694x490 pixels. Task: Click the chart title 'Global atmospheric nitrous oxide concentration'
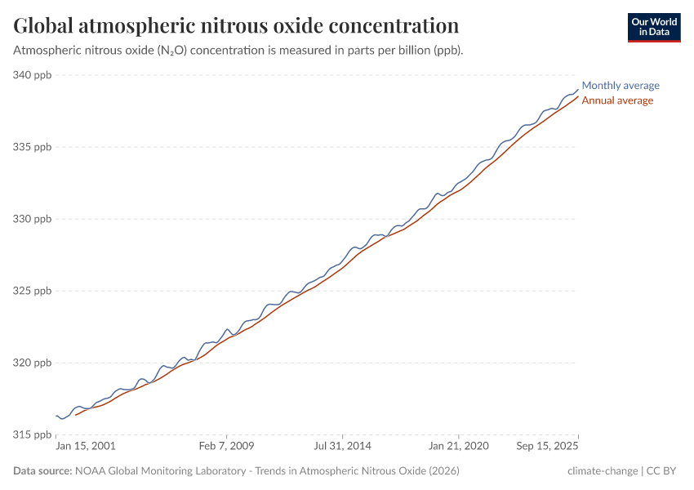click(236, 25)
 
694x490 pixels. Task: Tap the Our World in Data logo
click(653, 27)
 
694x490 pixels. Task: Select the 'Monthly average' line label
click(621, 86)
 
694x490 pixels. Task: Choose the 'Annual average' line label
click(617, 100)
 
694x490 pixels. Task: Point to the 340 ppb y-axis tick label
click(32, 75)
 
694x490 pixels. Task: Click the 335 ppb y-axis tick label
click(32, 147)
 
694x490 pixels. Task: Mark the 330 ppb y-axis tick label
click(32, 219)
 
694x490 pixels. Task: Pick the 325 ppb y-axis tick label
click(32, 291)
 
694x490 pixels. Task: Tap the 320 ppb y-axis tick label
click(32, 363)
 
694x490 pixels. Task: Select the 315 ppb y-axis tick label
click(32, 434)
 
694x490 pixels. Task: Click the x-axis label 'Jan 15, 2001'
click(86, 447)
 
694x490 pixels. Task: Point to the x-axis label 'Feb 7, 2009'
click(226, 447)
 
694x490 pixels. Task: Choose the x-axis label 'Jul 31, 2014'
click(343, 447)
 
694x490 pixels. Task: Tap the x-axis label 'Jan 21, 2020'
click(459, 447)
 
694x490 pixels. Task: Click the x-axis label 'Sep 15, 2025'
click(547, 447)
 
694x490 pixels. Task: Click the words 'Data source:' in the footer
click(42, 471)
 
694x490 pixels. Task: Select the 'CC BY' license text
click(664, 471)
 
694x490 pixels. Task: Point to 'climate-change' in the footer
click(603, 471)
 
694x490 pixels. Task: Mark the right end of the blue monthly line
click(578, 90)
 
